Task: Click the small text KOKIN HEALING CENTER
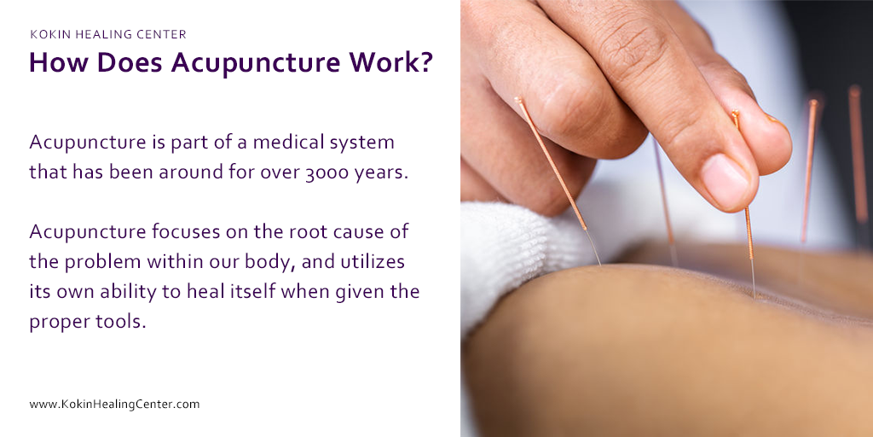[108, 35]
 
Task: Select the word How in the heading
[55, 65]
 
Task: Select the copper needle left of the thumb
[550, 162]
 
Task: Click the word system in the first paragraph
[361, 142]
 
